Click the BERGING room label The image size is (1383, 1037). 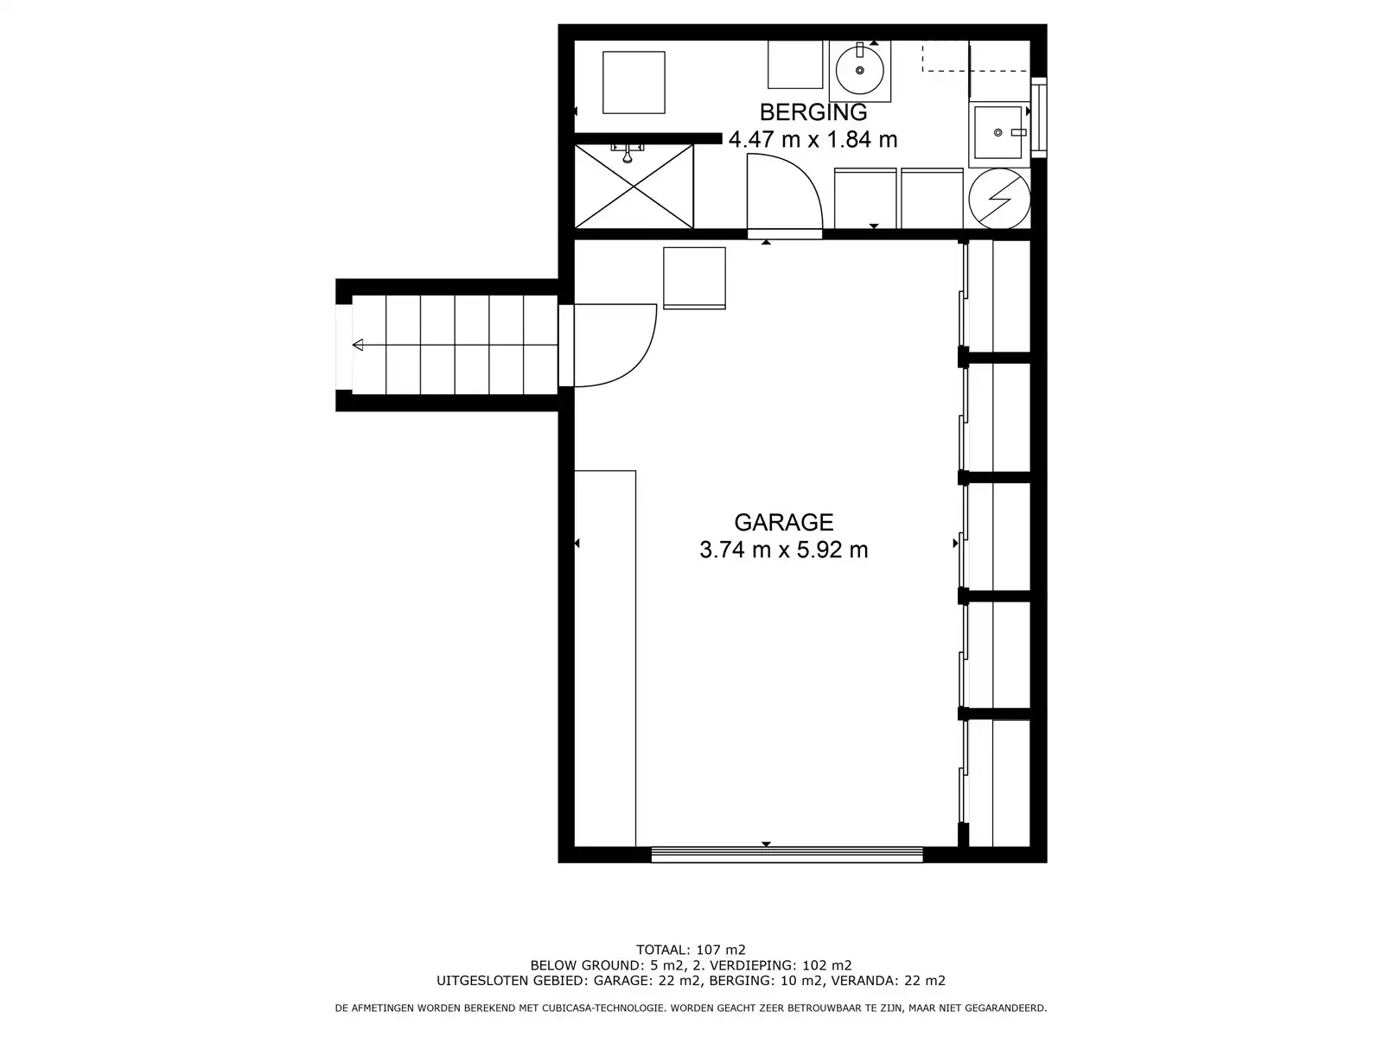(x=813, y=112)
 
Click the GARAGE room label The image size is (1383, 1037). (x=783, y=522)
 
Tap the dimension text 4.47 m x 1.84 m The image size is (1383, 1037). (x=813, y=140)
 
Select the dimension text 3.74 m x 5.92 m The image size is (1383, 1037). (x=783, y=550)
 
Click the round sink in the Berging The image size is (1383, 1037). (x=860, y=69)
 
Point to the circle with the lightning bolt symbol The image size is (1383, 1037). (x=999, y=199)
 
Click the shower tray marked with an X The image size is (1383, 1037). (x=634, y=187)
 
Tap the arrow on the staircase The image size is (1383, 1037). (x=358, y=346)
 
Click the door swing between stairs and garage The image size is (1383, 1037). (x=615, y=346)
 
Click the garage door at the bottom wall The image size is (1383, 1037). (x=787, y=854)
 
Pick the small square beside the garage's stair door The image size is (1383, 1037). (x=694, y=277)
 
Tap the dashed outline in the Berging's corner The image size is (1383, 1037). (x=946, y=57)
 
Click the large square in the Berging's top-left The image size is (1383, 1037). (x=634, y=82)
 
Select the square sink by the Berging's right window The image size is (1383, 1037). (x=998, y=132)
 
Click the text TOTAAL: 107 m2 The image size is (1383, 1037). (x=691, y=950)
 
